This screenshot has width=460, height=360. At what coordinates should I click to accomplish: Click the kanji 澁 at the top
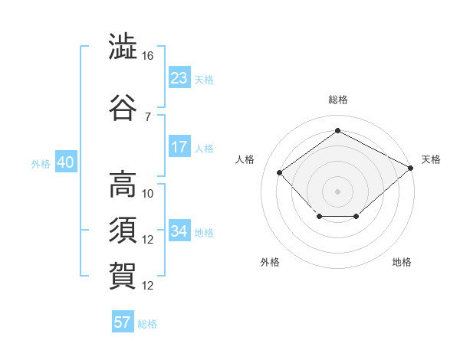click(x=123, y=46)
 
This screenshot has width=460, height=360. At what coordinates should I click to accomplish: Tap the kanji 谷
click(x=123, y=107)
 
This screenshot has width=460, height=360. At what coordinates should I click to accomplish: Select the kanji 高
click(x=123, y=185)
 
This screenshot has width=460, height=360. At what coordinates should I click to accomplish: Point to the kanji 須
click(x=123, y=230)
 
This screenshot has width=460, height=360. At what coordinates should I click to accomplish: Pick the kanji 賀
click(x=123, y=276)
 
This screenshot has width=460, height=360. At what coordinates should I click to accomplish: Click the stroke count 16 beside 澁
click(x=147, y=56)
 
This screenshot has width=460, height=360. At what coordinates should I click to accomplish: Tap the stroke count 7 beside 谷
click(x=148, y=117)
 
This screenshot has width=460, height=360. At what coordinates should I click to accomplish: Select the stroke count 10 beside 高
click(x=147, y=194)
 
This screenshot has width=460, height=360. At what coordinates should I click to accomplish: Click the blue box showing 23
click(x=179, y=77)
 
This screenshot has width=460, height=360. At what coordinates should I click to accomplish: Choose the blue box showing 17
click(x=179, y=146)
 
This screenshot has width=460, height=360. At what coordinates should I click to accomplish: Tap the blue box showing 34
click(x=179, y=230)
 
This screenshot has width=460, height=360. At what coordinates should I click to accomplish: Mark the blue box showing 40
click(x=66, y=162)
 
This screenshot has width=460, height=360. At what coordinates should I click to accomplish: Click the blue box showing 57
click(x=123, y=321)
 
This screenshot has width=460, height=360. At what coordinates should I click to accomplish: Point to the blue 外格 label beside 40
click(x=41, y=164)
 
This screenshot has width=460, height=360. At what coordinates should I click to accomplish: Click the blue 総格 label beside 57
click(x=147, y=324)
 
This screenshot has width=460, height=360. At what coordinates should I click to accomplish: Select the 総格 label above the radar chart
click(x=338, y=100)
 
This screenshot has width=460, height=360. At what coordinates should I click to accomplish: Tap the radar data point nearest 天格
click(x=411, y=168)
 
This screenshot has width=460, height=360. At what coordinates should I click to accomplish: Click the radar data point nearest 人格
click(x=280, y=172)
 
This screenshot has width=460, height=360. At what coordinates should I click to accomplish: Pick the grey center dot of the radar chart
click(x=337, y=191)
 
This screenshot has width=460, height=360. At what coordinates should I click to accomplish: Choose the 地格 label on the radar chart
click(x=402, y=262)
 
